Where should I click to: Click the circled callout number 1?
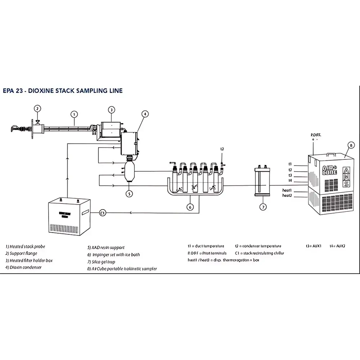(x=74, y=114)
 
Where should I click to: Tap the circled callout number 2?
(x=37, y=108)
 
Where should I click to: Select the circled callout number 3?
(x=112, y=109)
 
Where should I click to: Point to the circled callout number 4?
(x=145, y=114)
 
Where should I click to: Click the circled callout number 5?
(x=129, y=194)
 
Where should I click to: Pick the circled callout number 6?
(x=190, y=207)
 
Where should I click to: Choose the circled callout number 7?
(x=263, y=207)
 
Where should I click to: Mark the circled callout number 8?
(x=351, y=146)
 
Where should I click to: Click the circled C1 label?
(x=103, y=213)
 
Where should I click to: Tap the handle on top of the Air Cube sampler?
(x=332, y=154)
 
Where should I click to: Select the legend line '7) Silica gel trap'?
(x=101, y=262)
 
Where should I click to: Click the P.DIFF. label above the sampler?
(x=316, y=135)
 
